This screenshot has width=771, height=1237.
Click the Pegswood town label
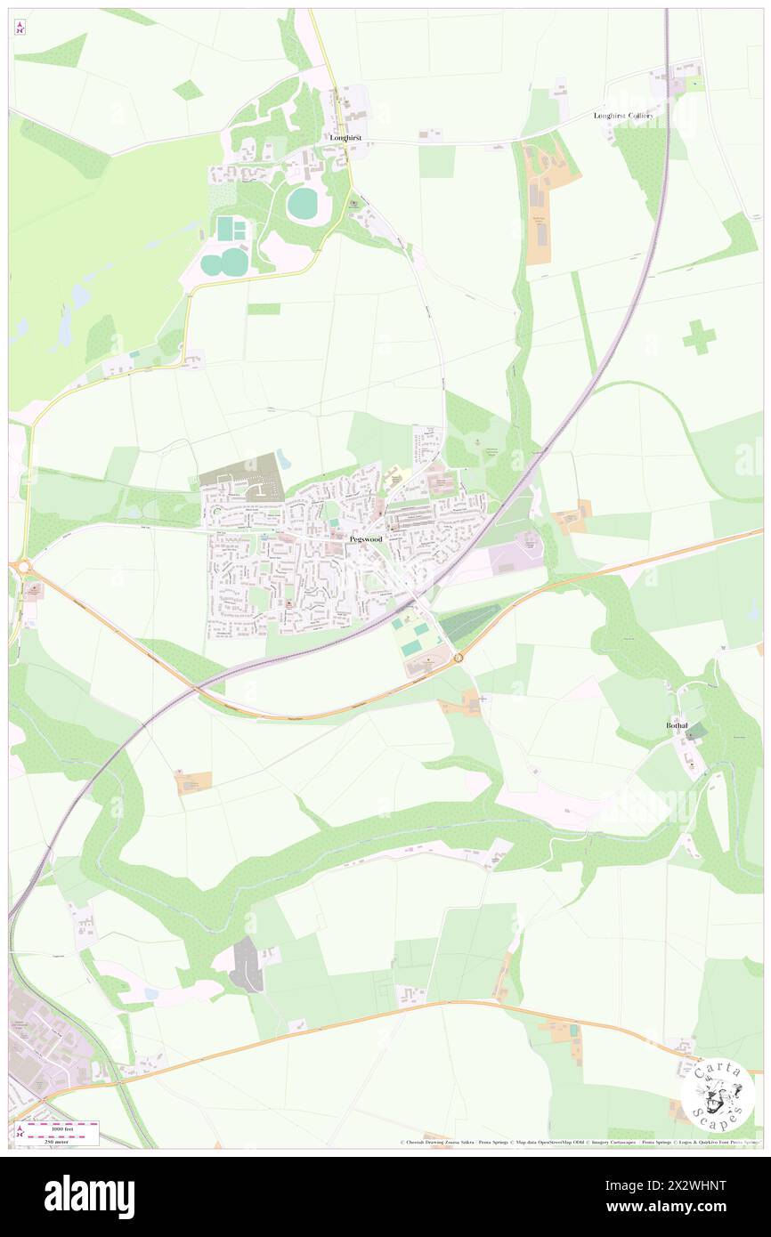(366, 539)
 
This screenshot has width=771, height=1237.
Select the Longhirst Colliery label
(623, 116)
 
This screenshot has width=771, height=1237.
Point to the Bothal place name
(678, 725)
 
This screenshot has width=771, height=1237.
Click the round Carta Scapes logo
(718, 1094)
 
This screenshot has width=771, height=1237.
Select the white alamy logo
(89, 1196)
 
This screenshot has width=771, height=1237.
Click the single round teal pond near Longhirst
(303, 204)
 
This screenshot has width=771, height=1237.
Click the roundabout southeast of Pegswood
(458, 658)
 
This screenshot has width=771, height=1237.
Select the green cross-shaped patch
(699, 336)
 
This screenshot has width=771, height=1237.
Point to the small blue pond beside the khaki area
(283, 459)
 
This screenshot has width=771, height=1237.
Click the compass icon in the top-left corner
(20, 28)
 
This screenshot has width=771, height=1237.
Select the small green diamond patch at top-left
(188, 89)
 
